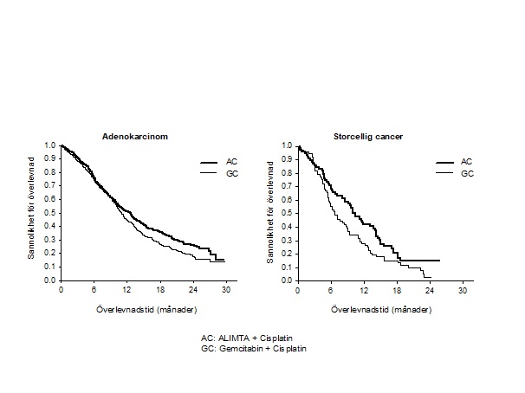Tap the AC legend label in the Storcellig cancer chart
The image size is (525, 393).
(465, 162)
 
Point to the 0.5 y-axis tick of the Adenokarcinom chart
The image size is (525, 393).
(51, 213)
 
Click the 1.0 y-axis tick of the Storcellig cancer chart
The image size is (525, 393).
(288, 145)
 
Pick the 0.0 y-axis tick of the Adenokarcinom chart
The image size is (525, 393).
(51, 280)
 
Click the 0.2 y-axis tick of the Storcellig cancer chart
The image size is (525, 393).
(288, 254)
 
